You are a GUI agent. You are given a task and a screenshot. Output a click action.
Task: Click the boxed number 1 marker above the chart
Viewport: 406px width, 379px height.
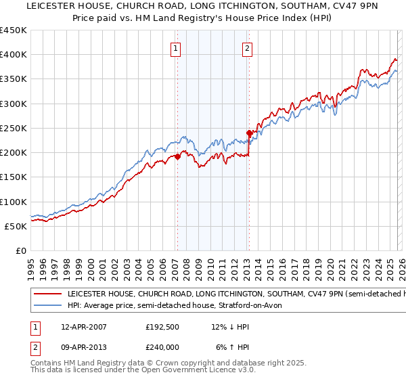point(176,48)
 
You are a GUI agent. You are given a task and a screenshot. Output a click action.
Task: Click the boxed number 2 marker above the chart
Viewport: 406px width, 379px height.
point(248,48)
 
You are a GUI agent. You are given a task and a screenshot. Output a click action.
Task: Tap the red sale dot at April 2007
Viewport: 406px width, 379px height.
point(177,156)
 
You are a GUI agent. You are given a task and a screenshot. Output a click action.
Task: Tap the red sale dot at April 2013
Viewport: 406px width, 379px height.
point(249,133)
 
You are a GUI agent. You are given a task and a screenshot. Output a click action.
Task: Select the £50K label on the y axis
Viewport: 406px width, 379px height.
point(16,226)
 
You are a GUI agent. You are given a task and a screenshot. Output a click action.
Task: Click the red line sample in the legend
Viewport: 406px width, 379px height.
point(47,294)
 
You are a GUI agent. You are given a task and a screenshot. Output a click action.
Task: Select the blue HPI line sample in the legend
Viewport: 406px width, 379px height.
point(47,305)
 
